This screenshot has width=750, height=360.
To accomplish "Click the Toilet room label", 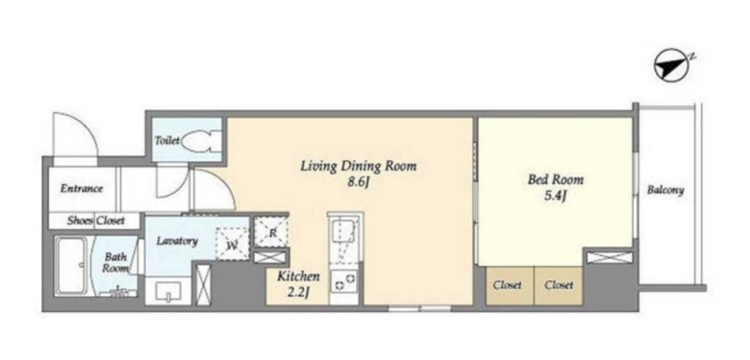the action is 167,141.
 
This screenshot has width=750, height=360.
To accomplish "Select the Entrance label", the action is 82,188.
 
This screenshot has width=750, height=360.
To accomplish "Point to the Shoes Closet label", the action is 96,220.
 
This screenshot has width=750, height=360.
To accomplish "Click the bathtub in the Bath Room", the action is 71,266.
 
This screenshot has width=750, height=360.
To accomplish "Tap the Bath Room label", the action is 115,262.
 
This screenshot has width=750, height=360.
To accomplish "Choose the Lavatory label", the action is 177,241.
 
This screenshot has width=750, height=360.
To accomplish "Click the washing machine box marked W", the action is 232,244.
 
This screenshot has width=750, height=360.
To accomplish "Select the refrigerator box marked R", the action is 271,232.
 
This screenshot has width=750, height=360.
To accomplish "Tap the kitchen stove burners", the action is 343,280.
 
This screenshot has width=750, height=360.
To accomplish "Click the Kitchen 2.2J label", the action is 298,283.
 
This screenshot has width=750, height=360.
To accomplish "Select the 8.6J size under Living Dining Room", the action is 358,183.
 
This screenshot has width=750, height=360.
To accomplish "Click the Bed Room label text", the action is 555,180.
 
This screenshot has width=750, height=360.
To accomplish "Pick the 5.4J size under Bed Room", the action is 555,196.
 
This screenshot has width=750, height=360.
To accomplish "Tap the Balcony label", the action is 666,190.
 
